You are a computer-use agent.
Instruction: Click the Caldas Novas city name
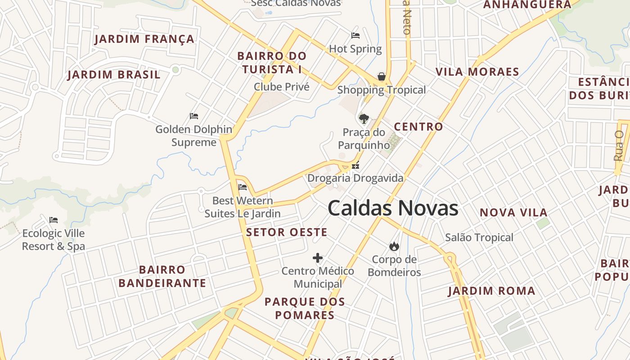[x=393, y=208]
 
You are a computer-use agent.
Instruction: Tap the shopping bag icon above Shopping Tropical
[x=382, y=76]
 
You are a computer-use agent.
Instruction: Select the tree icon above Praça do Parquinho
[x=364, y=119]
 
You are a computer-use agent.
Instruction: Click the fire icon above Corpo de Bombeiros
[x=394, y=246]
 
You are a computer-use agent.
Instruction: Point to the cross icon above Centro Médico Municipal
[x=318, y=258]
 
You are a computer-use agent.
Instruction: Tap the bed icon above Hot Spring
[x=355, y=36]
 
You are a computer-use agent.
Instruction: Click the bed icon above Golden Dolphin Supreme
[x=194, y=116]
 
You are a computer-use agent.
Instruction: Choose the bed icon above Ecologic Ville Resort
[x=54, y=220]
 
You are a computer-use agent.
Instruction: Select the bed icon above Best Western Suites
[x=243, y=187]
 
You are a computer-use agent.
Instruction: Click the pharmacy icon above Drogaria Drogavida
[x=355, y=166]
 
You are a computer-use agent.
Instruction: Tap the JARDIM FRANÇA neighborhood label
[x=144, y=39]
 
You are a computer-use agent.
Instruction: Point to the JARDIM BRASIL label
[x=114, y=75]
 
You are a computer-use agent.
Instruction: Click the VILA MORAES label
[x=477, y=72]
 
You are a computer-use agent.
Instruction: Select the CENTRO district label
[x=418, y=127]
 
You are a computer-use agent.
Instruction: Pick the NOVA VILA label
[x=513, y=212]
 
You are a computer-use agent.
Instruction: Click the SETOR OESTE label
[x=287, y=232]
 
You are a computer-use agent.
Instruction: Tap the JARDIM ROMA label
[x=491, y=291]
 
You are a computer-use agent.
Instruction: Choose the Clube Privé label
[x=282, y=87]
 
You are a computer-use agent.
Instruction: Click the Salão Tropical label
[x=479, y=238]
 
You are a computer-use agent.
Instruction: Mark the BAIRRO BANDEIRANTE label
[x=162, y=276]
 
